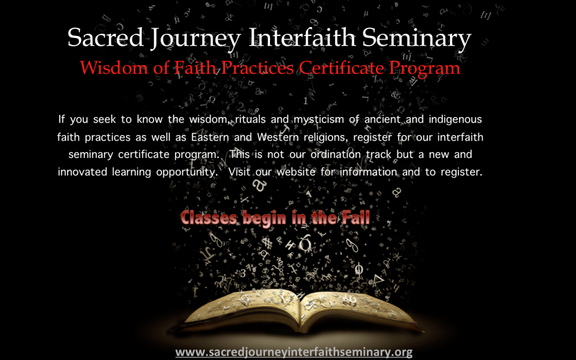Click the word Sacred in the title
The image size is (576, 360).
pyautogui.click(x=105, y=37)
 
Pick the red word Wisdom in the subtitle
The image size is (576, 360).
pyautogui.click(x=114, y=67)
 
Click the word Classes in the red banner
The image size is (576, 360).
pyautogui.click(x=209, y=218)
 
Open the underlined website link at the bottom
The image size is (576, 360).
pyautogui.click(x=294, y=352)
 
